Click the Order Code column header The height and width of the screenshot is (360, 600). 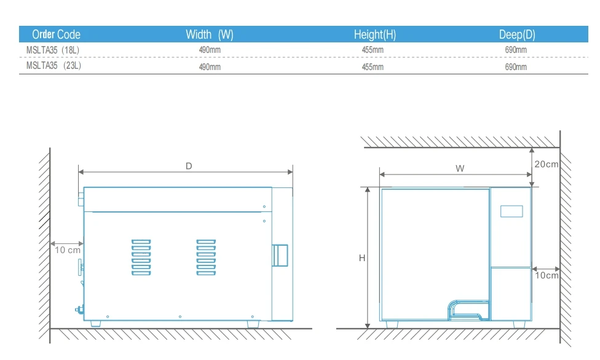[x=56, y=34]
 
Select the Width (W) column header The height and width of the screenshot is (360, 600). [x=209, y=34]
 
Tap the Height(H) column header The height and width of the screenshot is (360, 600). [x=375, y=34]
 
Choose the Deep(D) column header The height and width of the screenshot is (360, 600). [x=517, y=34]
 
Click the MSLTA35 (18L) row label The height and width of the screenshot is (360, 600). [x=53, y=50]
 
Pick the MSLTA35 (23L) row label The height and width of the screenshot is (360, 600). [x=53, y=66]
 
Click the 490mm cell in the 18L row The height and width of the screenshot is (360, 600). [x=210, y=50]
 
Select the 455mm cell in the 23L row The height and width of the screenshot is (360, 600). [x=373, y=66]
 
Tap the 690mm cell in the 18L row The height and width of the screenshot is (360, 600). [x=516, y=50]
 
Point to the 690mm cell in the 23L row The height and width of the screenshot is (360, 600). [x=516, y=66]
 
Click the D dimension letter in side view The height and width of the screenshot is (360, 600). [x=189, y=166]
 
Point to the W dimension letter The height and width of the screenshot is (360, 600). [x=460, y=168]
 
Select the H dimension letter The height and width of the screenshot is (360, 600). [x=362, y=259]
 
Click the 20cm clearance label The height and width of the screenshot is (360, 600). [x=547, y=164]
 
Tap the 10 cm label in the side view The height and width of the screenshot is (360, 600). [x=68, y=249]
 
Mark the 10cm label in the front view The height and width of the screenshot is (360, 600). [x=546, y=275]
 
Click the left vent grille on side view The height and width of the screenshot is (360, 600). [x=141, y=257]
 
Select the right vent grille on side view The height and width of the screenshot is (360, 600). [x=206, y=257]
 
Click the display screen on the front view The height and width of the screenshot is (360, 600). [x=511, y=210]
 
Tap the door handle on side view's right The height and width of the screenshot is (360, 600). [x=280, y=255]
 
